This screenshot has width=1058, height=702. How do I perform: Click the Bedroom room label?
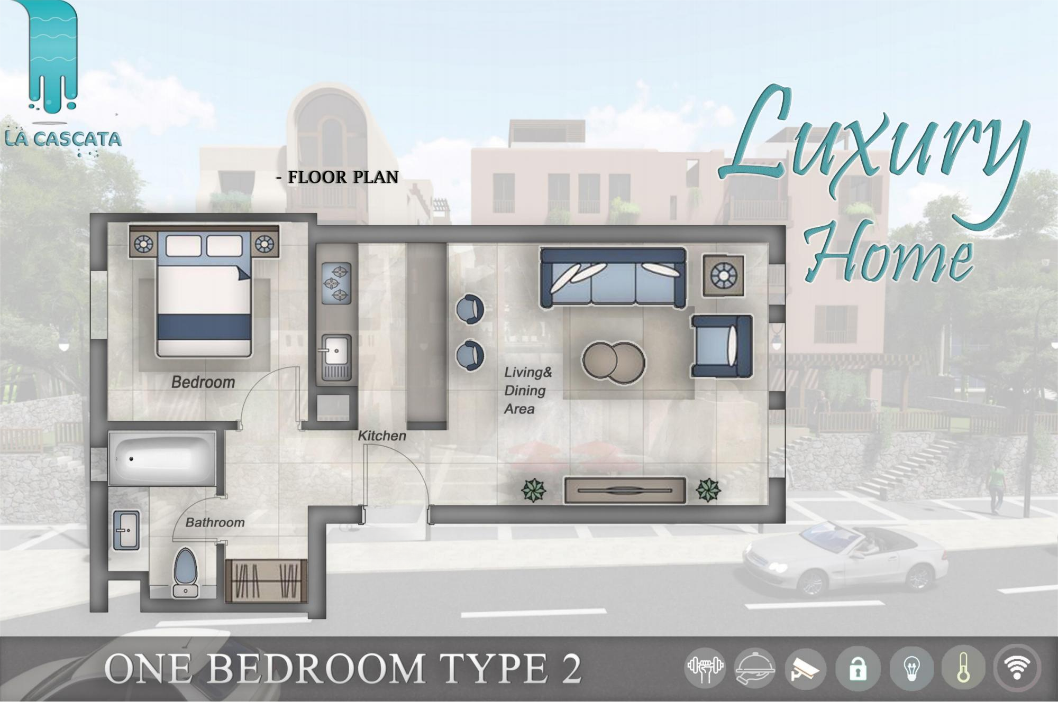click(203, 382)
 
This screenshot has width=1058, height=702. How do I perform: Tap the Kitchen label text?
click(382, 436)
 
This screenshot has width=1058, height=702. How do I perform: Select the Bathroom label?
click(215, 522)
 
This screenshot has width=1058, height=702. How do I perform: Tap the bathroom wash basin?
click(126, 530)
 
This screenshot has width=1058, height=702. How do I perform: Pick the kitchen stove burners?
click(336, 283)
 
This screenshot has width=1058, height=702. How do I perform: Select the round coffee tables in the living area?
click(614, 362)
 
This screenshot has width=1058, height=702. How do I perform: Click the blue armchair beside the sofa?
click(721, 346)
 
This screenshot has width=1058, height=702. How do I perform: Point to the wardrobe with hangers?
click(266, 581)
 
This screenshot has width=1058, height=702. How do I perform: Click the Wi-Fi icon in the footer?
click(1017, 668)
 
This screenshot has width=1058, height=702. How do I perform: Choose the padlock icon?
click(858, 669)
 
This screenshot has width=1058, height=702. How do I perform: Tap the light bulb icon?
click(911, 669)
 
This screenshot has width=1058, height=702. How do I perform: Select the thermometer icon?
click(963, 669)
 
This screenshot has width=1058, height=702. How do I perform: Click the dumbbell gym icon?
click(705, 668)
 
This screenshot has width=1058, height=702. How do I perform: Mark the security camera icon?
click(805, 669)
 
